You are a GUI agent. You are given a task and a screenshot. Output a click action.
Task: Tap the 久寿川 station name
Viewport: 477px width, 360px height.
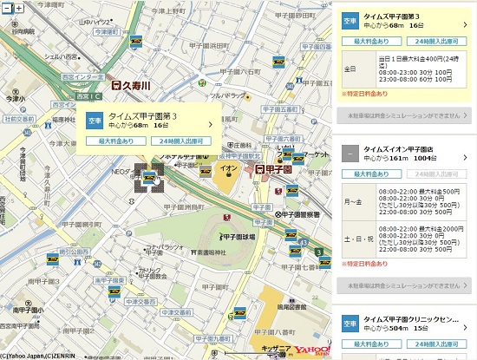136,87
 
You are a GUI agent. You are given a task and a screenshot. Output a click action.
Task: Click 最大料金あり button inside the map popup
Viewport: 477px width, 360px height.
118,140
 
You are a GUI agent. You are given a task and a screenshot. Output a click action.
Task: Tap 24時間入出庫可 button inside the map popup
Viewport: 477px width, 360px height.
181,140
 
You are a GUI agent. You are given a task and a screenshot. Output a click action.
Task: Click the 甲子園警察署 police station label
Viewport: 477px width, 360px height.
296,214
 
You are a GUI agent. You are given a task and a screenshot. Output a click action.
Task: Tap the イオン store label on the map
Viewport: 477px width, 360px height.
229,166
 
